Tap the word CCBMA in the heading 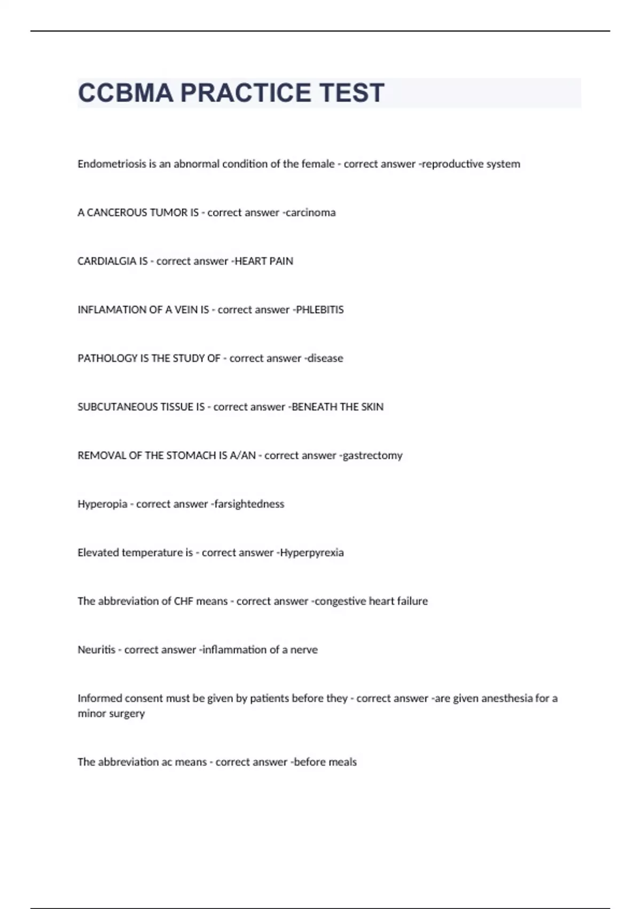tap(126, 93)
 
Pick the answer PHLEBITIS tap(320, 310)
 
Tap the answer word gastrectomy tap(373, 456)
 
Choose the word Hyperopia tap(103, 504)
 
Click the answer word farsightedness tap(249, 504)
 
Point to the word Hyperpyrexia tap(312, 553)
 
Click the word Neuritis tap(97, 650)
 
